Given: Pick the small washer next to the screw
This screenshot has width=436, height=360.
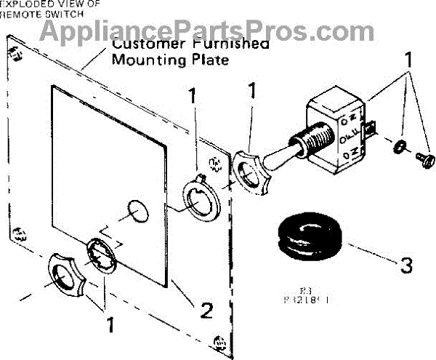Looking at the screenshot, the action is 398,148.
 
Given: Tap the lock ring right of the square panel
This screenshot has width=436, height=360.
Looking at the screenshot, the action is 197,199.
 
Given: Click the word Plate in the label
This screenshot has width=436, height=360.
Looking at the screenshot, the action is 209,60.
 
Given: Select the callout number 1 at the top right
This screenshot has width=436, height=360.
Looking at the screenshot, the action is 408,59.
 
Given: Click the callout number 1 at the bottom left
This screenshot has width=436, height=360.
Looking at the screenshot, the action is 110,325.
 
